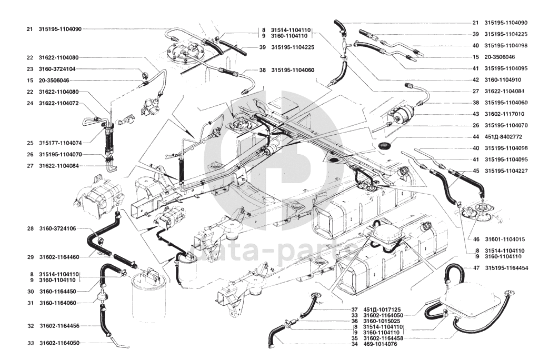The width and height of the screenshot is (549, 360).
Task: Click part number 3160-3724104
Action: coord(57,69)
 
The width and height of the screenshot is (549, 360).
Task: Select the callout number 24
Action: coord(29,103)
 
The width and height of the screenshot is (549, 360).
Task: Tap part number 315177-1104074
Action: coord(61,143)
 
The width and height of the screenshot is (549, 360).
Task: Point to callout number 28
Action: coord(30,228)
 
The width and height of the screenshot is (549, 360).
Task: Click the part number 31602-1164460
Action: coord(59,257)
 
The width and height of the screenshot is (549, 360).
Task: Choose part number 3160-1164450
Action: coord(57,292)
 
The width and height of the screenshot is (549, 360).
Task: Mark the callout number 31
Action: coord(31,303)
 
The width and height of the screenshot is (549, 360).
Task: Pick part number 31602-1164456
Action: coord(59,326)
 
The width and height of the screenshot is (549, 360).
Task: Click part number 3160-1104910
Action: coord(503,80)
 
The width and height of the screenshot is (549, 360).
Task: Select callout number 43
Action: coord(475,114)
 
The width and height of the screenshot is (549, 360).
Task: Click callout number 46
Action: coord(476,239)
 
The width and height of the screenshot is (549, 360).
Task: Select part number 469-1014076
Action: coord(380,344)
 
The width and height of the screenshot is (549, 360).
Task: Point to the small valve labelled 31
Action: coord(103,297)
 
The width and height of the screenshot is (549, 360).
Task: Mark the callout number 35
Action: coord(355,338)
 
